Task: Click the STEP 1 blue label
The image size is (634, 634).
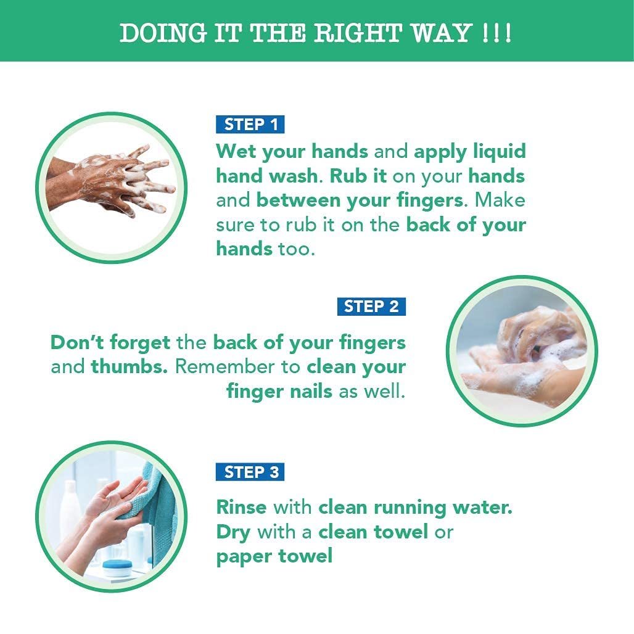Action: pyautogui.click(x=250, y=124)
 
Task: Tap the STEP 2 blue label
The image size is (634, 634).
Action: pyautogui.click(x=371, y=306)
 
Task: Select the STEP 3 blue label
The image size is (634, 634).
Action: pyautogui.click(x=250, y=472)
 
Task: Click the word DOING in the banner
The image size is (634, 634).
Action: pyautogui.click(x=163, y=33)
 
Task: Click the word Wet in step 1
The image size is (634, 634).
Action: pyautogui.click(x=236, y=151)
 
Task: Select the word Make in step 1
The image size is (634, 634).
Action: pyautogui.click(x=500, y=200)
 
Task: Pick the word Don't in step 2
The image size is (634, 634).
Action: pyautogui.click(x=77, y=342)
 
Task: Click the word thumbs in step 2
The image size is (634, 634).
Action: pyautogui.click(x=129, y=367)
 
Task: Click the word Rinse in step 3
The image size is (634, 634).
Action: pyautogui.click(x=241, y=507)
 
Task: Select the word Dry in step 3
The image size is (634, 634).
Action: pyautogui.click(x=233, y=533)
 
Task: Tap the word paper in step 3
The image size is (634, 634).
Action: pyautogui.click(x=244, y=557)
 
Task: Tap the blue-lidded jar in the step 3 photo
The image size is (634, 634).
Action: pyautogui.click(x=117, y=567)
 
